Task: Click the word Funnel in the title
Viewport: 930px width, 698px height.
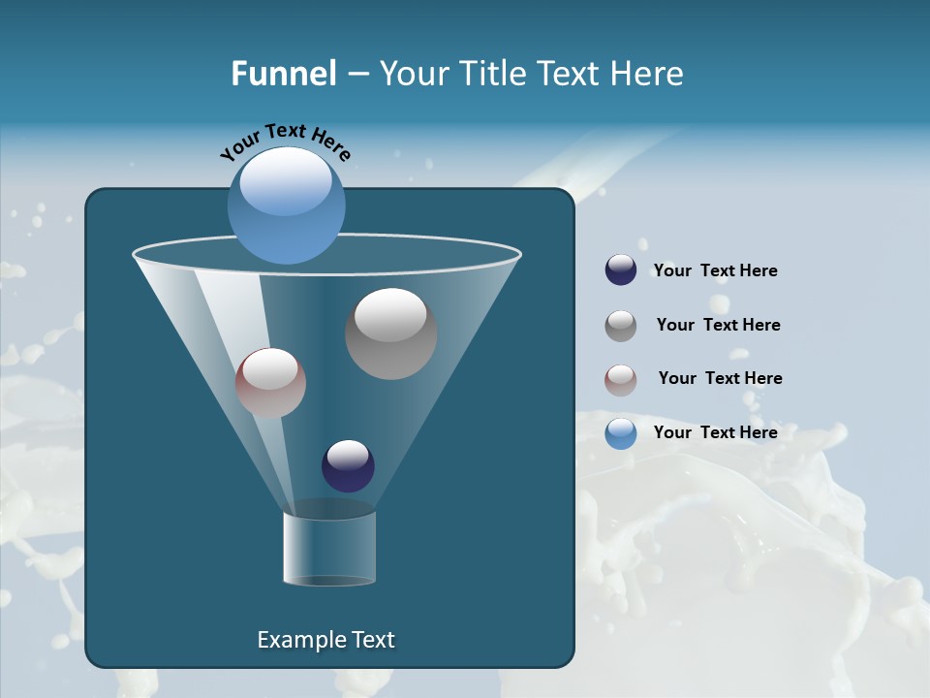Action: point(283,74)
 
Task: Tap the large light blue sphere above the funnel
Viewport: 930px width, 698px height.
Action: point(286,206)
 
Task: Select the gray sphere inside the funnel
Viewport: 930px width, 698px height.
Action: point(390,334)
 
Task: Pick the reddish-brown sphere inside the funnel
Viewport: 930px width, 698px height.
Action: point(270,383)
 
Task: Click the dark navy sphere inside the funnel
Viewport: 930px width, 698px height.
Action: point(348,465)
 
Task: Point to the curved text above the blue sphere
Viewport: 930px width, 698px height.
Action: point(285,140)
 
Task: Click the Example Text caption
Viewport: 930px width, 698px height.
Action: point(325,640)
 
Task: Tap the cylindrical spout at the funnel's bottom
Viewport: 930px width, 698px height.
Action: point(328,548)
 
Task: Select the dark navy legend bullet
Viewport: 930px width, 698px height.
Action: point(620,270)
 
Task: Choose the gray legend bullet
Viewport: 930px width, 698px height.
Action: point(620,326)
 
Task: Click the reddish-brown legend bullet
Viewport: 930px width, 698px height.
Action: point(620,380)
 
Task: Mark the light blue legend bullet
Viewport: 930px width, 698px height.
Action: point(620,433)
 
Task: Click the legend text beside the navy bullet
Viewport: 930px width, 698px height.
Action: point(715,271)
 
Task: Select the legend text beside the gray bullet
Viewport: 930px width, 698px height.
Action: point(718,326)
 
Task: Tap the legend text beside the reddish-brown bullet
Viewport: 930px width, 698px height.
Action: point(720,379)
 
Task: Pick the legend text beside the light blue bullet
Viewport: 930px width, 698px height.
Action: point(715,433)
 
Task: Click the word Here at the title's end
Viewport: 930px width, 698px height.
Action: point(646,74)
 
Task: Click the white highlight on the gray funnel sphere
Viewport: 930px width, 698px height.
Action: point(390,315)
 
